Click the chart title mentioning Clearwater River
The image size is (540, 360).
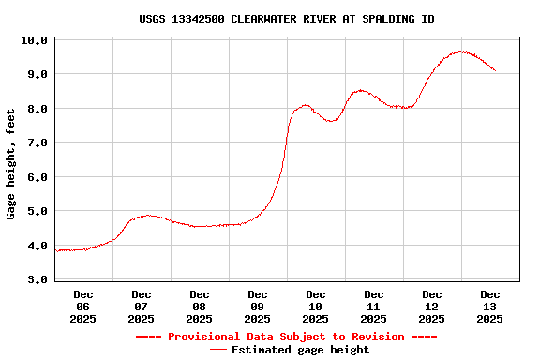(x=286, y=19)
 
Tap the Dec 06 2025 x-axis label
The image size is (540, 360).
(x=83, y=307)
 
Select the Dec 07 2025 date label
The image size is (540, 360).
(x=142, y=307)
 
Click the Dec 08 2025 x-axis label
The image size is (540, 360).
(x=200, y=307)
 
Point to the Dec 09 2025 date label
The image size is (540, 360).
(x=258, y=307)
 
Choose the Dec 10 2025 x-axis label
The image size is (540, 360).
(x=316, y=307)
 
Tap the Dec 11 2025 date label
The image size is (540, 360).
(x=374, y=307)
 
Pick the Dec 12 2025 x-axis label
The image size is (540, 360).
(x=432, y=307)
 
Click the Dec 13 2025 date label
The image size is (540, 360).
(x=490, y=307)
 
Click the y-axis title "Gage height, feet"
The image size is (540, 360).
(x=11, y=164)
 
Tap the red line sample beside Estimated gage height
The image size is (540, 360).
(x=217, y=350)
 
